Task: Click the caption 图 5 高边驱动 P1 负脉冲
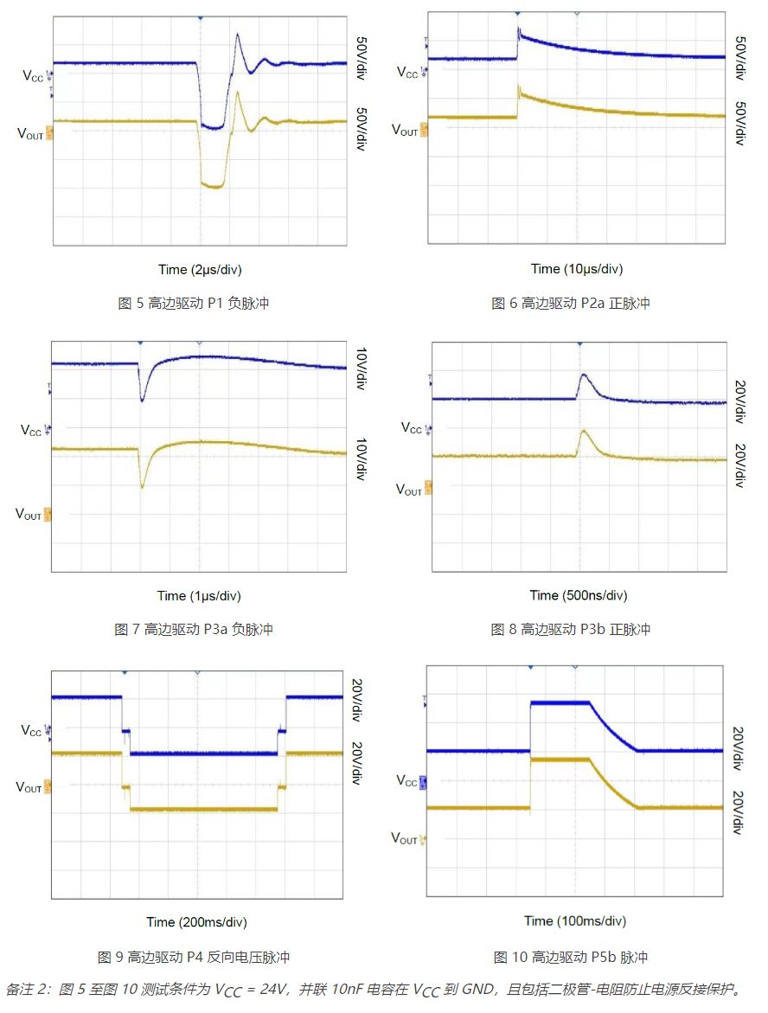199,304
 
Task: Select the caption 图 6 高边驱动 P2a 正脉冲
571,304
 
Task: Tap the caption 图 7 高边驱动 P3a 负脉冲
194,630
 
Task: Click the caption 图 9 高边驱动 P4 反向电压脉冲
194,957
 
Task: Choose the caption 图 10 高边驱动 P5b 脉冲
571,957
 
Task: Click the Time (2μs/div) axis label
200,269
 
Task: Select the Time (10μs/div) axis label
577,269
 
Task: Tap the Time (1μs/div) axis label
199,596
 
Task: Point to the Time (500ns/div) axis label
579,595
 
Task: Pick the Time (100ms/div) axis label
575,921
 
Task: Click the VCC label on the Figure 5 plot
31,75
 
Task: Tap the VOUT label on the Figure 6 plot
405,131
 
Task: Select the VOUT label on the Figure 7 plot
29,515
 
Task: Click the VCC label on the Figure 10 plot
406,781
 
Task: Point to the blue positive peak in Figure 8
584,375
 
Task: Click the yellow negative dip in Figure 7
143,487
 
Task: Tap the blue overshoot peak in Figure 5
238,35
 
